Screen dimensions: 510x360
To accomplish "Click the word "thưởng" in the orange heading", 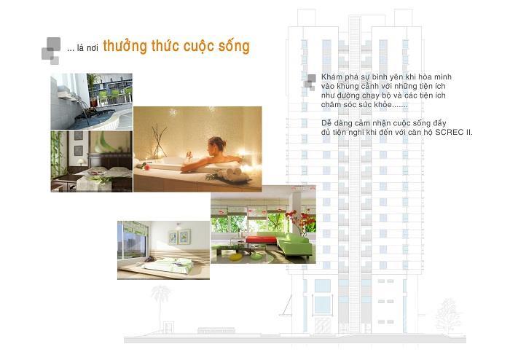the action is click(x=125, y=47).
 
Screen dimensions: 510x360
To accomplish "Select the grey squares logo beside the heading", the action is click(x=51, y=51).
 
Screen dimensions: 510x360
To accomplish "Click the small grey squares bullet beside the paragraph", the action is click(x=310, y=82).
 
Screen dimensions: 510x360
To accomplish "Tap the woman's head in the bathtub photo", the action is click(x=217, y=144).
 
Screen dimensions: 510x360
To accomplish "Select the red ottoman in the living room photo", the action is click(x=261, y=240).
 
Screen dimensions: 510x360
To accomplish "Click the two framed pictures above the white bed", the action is click(x=179, y=236).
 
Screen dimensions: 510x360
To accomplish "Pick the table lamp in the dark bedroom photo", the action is click(x=80, y=162).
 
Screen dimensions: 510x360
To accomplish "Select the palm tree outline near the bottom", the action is click(x=160, y=303).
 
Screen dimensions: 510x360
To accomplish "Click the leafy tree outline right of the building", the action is click(x=448, y=314).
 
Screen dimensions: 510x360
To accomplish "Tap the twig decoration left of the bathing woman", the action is click(x=159, y=141).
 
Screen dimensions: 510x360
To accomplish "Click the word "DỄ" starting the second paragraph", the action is click(x=326, y=123).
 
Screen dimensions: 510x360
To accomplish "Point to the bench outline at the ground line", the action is click(x=216, y=330).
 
